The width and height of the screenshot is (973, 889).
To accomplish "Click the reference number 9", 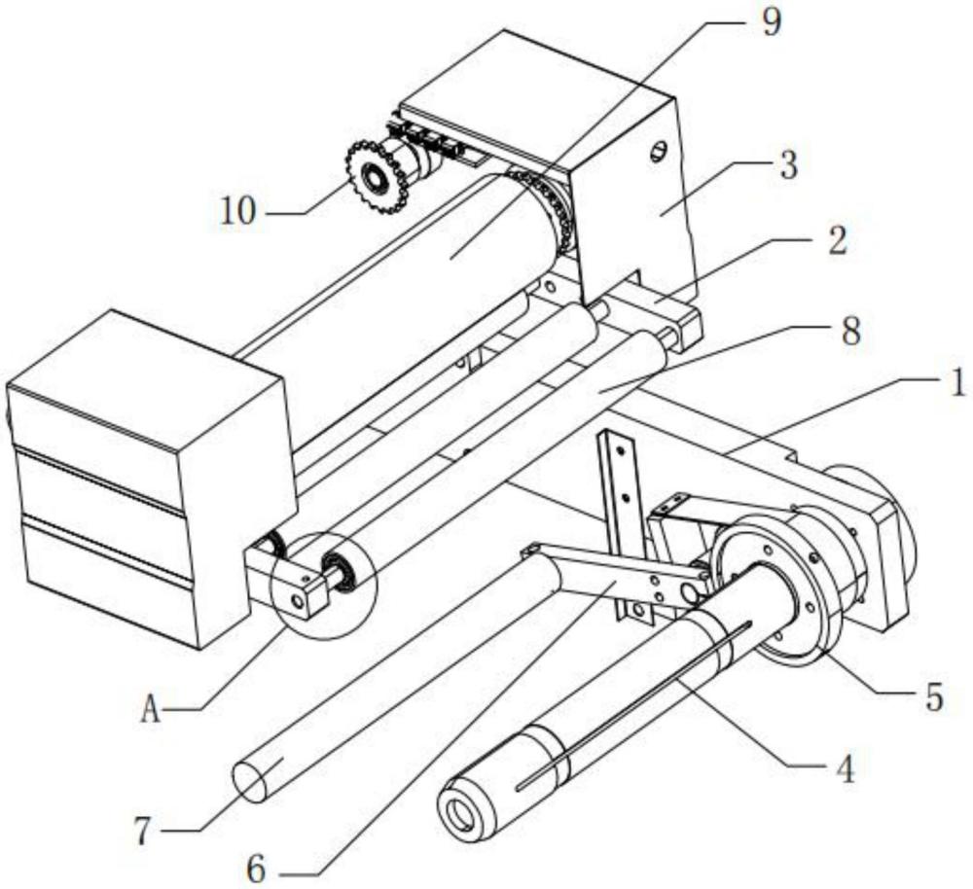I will click(770, 23).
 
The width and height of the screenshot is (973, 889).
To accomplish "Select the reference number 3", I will click(785, 164).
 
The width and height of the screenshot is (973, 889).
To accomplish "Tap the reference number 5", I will click(932, 697).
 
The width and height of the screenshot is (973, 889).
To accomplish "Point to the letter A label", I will click(149, 711).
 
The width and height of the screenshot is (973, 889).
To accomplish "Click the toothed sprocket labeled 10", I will click(375, 178).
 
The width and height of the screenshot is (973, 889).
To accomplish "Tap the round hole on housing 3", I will click(659, 151).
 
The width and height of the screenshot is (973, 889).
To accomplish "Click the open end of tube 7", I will click(251, 782).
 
